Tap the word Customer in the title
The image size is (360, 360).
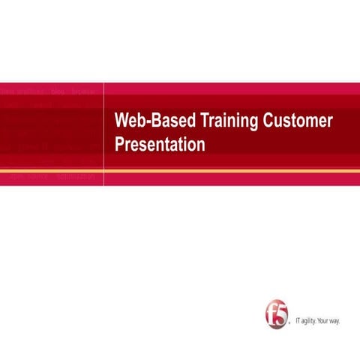(297, 121)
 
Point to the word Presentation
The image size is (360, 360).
(160, 144)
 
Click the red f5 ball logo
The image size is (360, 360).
(277, 314)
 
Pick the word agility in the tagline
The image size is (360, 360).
(311, 320)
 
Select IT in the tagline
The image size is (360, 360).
(300, 320)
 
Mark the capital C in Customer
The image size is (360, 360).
(267, 121)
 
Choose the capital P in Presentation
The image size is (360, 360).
(119, 144)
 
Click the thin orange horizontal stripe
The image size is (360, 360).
(180, 172)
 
